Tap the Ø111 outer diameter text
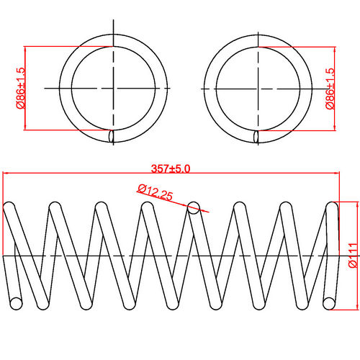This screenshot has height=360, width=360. pos(351,255)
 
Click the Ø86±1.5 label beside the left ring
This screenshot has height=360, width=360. pos(19,88)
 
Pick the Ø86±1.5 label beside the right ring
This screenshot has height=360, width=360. pos(330,88)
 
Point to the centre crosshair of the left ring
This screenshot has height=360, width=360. pos(112,88)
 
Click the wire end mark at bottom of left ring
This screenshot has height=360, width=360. pos(111,135)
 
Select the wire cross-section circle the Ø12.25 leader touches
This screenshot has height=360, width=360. pos(192,208)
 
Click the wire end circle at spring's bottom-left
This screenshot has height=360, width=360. pos(15,302)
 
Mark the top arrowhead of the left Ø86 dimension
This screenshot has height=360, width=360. pos(26,49)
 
